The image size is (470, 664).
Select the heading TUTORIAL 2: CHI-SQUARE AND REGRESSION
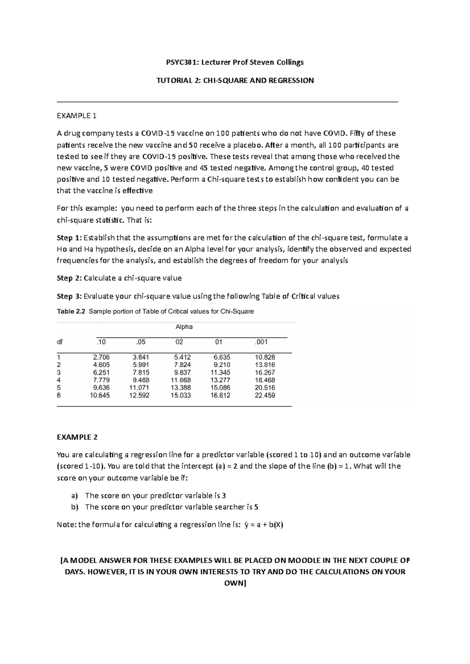[235, 81]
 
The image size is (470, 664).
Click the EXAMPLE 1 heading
[76, 116]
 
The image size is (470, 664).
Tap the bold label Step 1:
[69, 238]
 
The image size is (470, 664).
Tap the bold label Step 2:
[69, 278]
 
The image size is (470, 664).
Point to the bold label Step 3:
[69, 296]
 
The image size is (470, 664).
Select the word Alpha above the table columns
[184, 327]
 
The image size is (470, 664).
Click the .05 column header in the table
[141, 342]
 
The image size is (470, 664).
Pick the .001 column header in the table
[261, 342]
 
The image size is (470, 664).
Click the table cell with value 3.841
[141, 357]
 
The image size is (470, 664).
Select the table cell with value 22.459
[265, 396]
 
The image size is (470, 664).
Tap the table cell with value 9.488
[141, 380]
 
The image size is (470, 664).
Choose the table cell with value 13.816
[265, 365]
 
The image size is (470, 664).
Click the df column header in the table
[60, 342]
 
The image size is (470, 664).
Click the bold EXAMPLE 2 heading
[77, 437]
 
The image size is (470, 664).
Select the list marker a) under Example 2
[74, 496]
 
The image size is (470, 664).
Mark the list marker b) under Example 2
[74, 507]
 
